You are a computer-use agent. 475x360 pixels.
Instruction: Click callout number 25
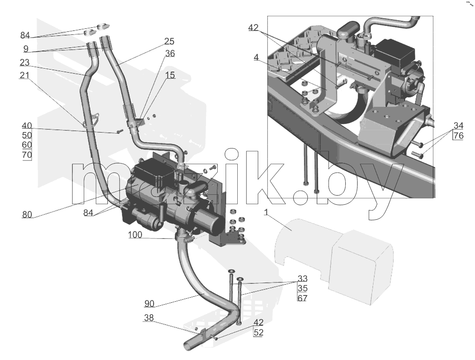pyautogui.click(x=169, y=42)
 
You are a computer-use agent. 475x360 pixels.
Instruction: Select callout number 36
pyautogui.click(x=170, y=54)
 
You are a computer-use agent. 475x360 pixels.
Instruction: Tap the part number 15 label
pyautogui.click(x=170, y=75)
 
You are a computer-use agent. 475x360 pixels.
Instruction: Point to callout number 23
pyautogui.click(x=25, y=63)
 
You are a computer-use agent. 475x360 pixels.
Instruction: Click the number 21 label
pyautogui.click(x=24, y=75)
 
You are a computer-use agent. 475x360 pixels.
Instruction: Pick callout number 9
pyautogui.click(x=26, y=49)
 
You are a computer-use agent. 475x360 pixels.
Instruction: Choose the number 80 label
pyautogui.click(x=27, y=215)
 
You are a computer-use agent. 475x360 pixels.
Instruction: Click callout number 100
pyautogui.click(x=135, y=235)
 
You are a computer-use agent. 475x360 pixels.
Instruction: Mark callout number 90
pyautogui.click(x=149, y=304)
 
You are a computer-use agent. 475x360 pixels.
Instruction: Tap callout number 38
pyautogui.click(x=149, y=318)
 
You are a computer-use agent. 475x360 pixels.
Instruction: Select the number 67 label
pyautogui.click(x=303, y=298)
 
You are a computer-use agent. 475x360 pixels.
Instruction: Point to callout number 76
pyautogui.click(x=458, y=135)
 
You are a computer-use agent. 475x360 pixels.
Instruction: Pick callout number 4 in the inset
pyautogui.click(x=256, y=57)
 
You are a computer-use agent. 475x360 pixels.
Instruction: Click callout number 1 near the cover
pyautogui.click(x=266, y=212)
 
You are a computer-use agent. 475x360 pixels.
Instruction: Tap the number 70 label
pyautogui.click(x=27, y=155)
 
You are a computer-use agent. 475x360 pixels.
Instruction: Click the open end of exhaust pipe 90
pyautogui.click(x=187, y=345)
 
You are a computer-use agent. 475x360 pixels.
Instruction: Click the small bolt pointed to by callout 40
pyautogui.click(x=120, y=131)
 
